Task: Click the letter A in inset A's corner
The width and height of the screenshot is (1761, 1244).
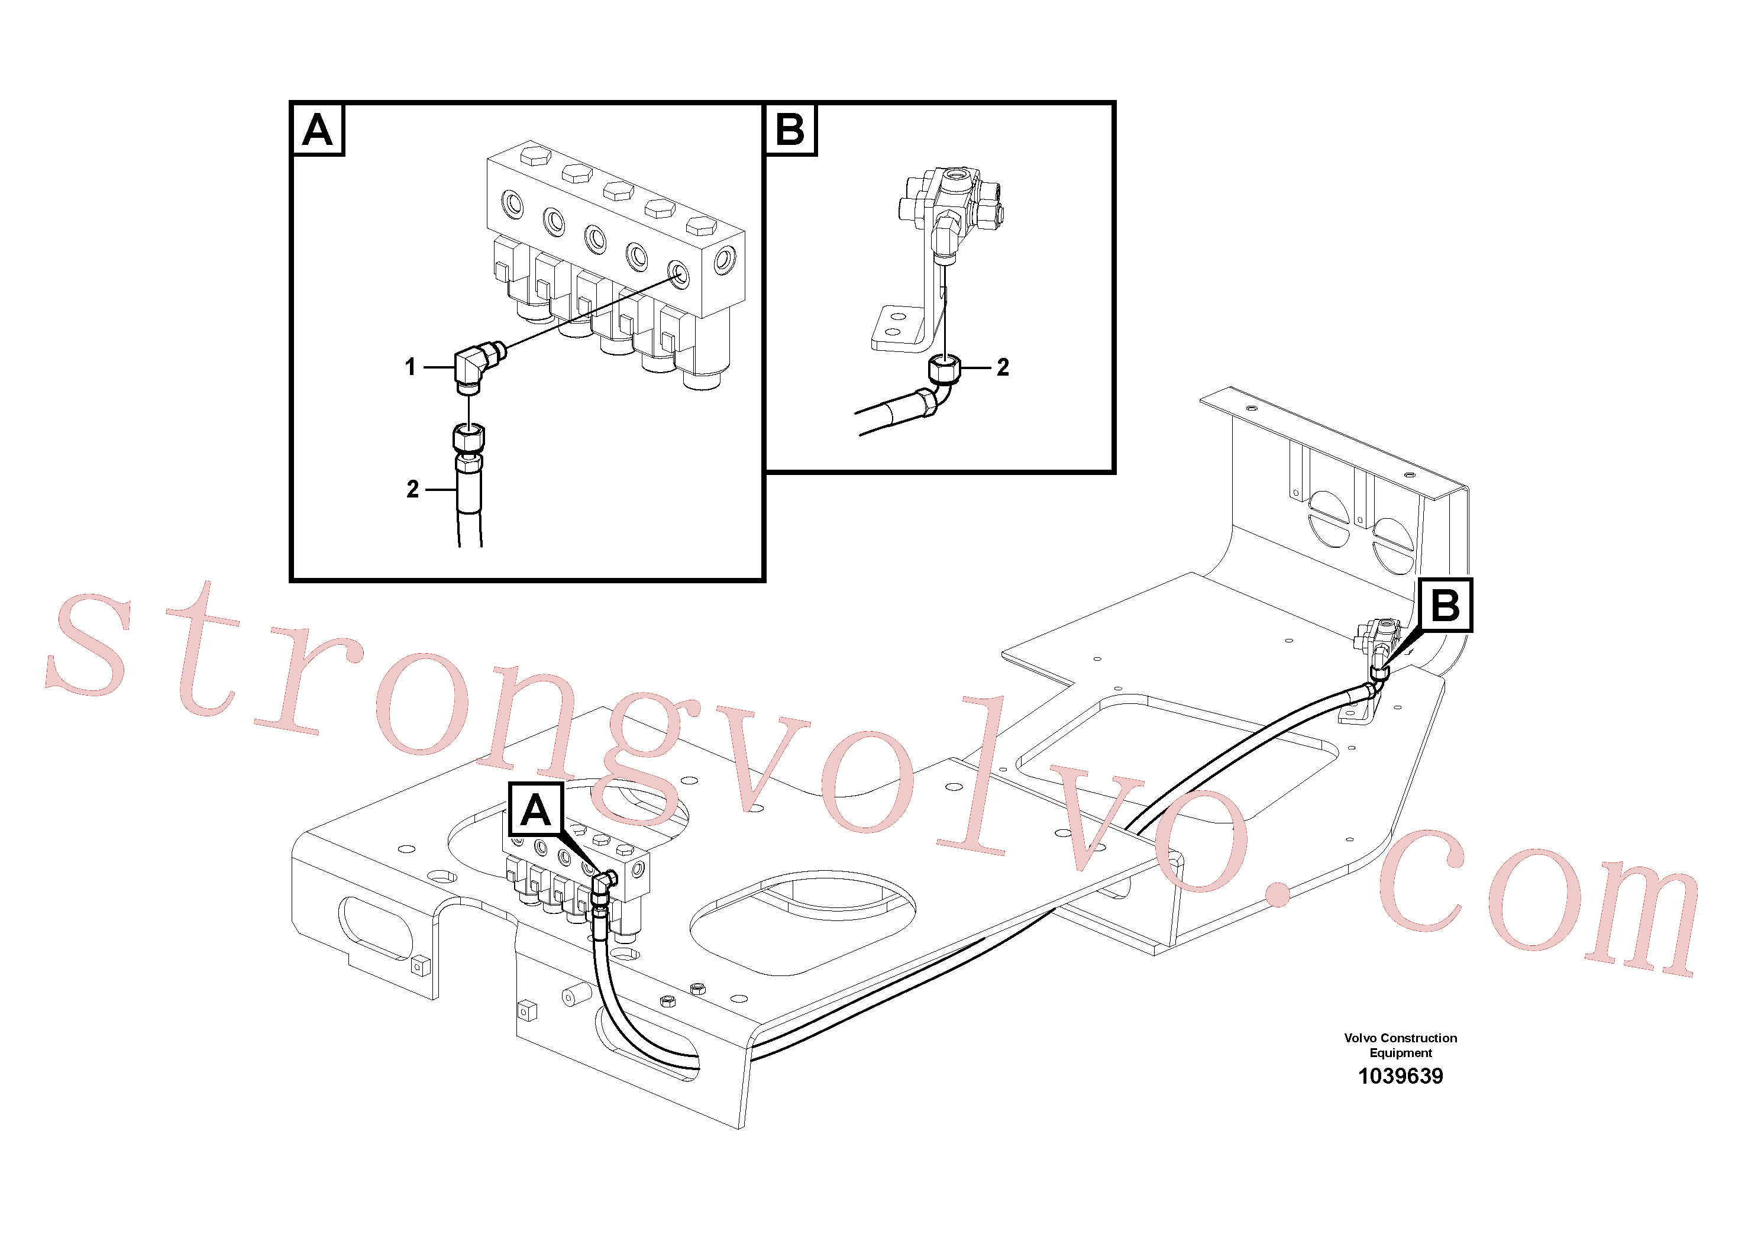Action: coord(318,130)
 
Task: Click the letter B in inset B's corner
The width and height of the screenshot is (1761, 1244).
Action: coord(790,130)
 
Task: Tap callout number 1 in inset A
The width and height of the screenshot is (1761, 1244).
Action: coord(411,367)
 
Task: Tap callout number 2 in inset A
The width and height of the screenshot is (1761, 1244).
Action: coord(413,489)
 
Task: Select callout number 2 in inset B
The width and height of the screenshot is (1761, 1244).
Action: coord(1003,367)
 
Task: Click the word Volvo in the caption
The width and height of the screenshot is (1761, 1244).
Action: coord(1360,1038)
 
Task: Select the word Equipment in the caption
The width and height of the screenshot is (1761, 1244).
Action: coord(1401,1053)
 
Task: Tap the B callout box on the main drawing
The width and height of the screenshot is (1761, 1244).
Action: coord(1445,605)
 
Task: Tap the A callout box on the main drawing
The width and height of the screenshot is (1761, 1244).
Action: coord(535,810)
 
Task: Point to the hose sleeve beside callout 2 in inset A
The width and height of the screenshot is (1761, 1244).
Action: coord(468,492)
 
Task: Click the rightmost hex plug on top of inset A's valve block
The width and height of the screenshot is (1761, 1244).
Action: coord(701,225)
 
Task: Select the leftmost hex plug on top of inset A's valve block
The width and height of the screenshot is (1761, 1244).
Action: coord(535,156)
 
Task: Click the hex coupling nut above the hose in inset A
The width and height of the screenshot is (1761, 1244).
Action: coord(468,438)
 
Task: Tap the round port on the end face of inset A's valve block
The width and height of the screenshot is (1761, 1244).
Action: coord(724,261)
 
